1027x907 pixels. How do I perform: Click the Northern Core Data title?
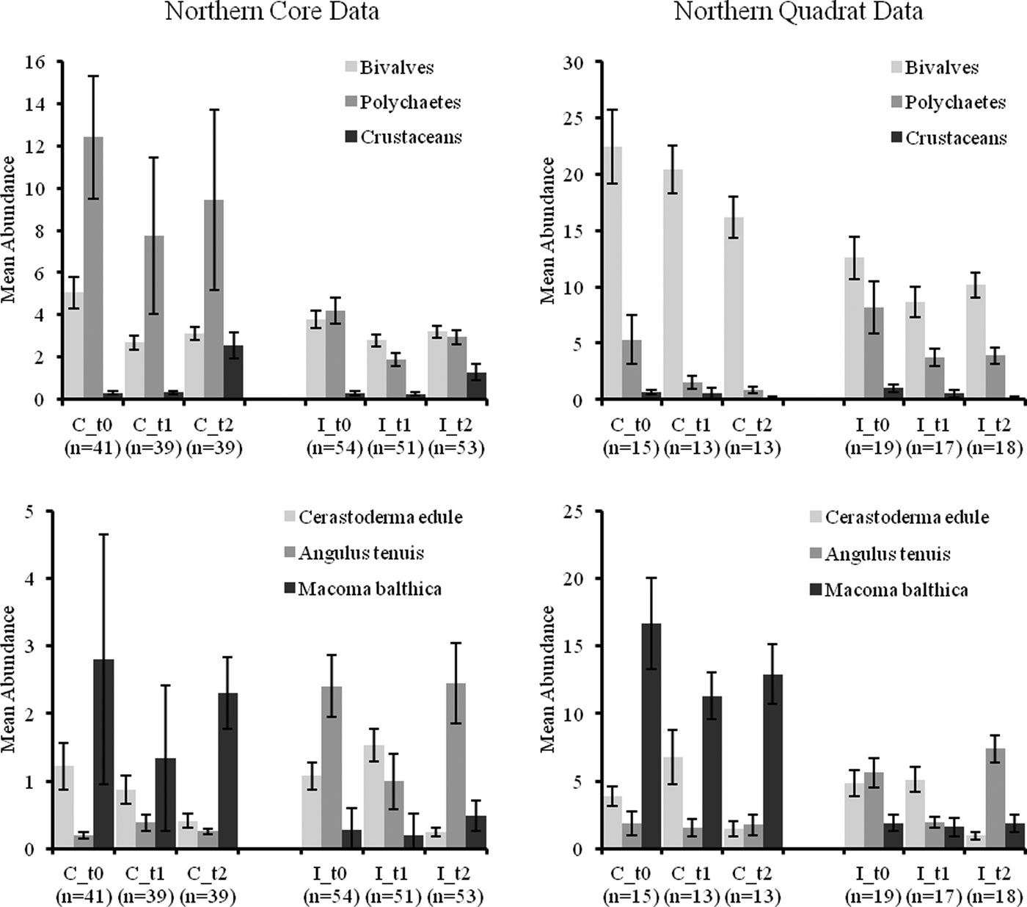[272, 12]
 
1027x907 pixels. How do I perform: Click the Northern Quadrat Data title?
[798, 12]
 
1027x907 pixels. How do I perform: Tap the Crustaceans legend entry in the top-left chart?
[411, 137]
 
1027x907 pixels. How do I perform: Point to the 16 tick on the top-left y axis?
[36, 62]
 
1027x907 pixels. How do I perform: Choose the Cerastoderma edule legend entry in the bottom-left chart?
[380, 517]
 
